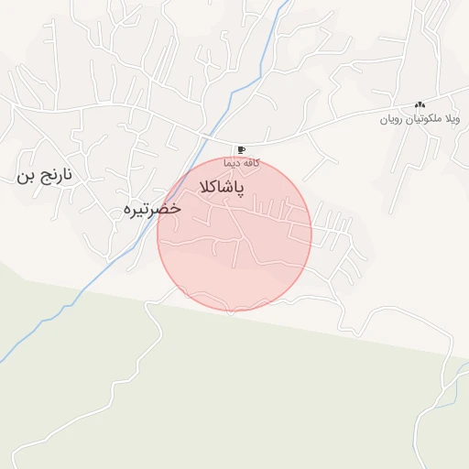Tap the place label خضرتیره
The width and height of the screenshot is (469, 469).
(x=152, y=210)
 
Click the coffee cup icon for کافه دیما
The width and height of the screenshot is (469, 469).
(x=241, y=149)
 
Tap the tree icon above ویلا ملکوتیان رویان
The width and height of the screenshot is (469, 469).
(x=420, y=105)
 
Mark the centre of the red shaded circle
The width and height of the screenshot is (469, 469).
(x=234, y=234)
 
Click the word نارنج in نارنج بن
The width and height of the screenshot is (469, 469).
(x=58, y=175)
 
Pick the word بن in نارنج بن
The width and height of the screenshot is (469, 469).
(x=24, y=176)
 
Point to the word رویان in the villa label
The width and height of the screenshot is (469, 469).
(x=392, y=120)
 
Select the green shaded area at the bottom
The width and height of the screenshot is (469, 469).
(x=229, y=394)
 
